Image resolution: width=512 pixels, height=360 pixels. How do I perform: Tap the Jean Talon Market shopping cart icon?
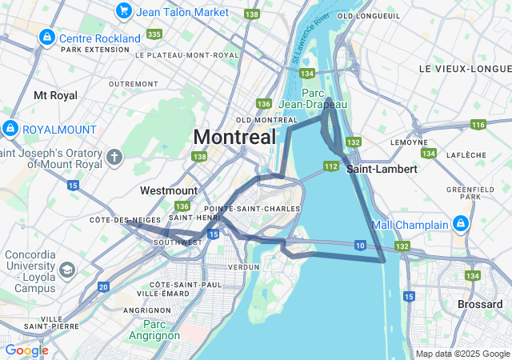[x=123, y=10]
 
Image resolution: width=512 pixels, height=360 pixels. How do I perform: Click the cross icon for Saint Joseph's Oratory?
[x=114, y=156]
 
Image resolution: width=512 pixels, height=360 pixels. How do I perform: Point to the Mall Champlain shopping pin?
[x=462, y=224]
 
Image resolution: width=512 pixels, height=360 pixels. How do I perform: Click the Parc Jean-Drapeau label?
[x=314, y=98]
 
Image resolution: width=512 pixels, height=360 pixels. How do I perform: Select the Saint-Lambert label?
[x=382, y=169]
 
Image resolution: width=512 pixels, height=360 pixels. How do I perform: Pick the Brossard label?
[x=480, y=304]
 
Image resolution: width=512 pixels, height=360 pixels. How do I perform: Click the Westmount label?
[x=168, y=190]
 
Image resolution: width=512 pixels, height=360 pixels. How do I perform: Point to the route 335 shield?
[x=154, y=34]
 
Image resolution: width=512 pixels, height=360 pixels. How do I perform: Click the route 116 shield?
[x=478, y=124]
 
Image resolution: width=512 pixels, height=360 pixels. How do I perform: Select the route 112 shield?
[x=330, y=166]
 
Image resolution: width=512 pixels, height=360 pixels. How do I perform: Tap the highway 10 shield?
[x=360, y=245]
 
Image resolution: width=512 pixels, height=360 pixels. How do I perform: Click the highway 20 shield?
[x=103, y=286]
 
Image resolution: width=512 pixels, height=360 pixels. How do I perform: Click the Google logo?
[x=26, y=350]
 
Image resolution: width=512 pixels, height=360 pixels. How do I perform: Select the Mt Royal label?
[x=55, y=95]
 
